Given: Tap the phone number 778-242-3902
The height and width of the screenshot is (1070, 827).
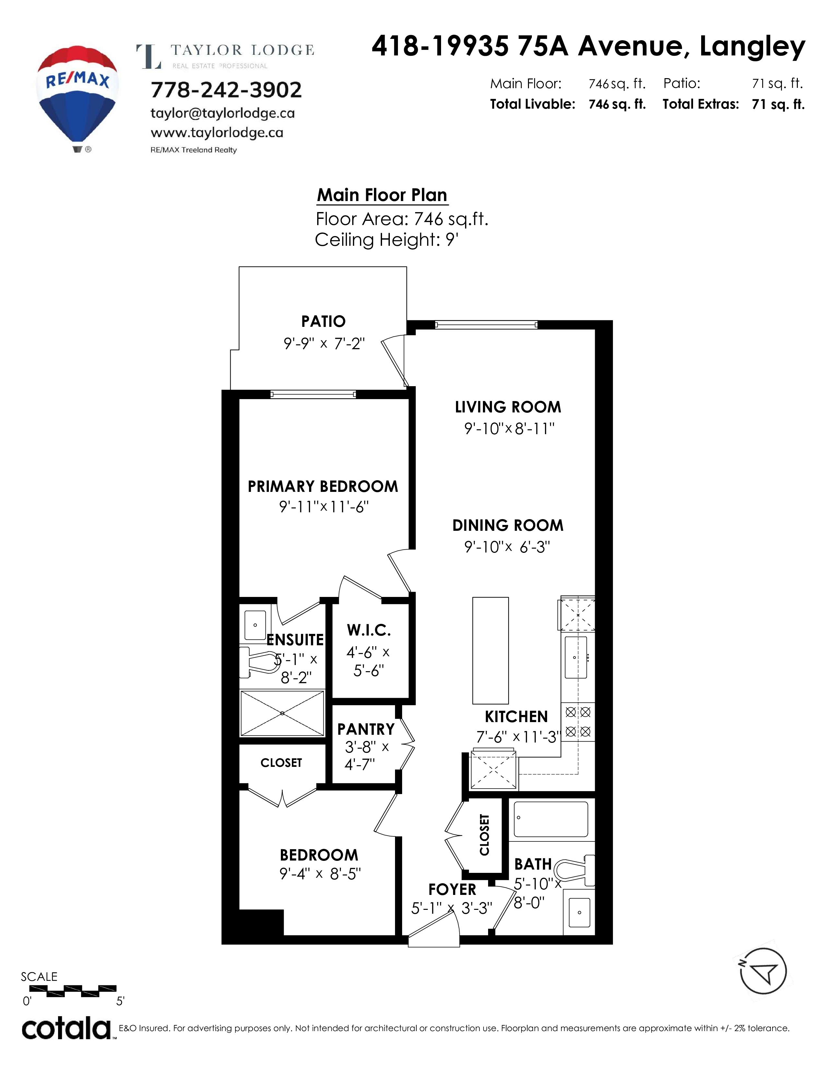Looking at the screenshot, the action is [x=226, y=90].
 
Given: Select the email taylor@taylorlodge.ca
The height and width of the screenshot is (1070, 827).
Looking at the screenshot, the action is [x=222, y=113].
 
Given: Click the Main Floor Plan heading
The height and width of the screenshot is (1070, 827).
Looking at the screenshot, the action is [x=382, y=195].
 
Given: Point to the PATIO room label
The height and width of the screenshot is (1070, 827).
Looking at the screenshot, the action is [x=323, y=321].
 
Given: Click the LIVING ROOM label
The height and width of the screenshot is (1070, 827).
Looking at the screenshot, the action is [x=508, y=407].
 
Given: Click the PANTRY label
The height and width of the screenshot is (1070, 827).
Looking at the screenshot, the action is [x=366, y=730].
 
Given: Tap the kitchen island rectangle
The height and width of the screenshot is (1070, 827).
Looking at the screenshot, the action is [x=490, y=651].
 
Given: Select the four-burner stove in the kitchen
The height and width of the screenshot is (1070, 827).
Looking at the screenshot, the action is [x=578, y=722].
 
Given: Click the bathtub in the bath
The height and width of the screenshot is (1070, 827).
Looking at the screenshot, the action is [x=551, y=819].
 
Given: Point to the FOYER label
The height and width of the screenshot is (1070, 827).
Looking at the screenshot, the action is [x=452, y=889].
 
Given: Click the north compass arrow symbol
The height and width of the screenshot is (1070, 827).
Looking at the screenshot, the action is [x=763, y=971].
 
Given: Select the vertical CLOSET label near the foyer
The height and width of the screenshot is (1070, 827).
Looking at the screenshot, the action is [x=485, y=835].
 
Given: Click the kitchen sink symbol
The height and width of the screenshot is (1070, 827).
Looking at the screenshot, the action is [x=576, y=657].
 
